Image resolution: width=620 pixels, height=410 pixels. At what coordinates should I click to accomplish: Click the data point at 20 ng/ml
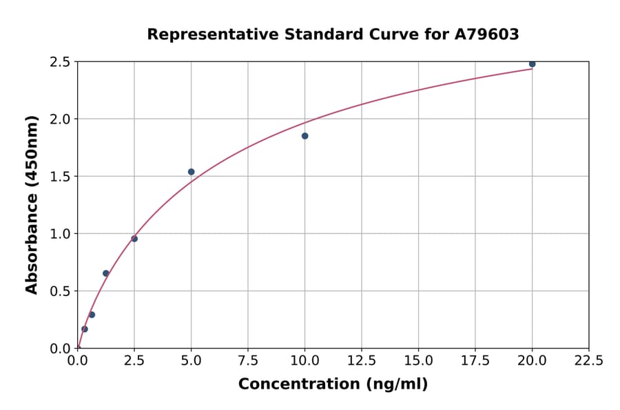532,64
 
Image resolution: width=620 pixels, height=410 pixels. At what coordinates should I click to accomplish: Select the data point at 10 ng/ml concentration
304,136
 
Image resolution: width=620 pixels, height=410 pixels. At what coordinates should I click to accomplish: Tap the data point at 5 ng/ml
191,172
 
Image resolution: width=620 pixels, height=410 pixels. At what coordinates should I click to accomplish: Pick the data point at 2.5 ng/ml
134,239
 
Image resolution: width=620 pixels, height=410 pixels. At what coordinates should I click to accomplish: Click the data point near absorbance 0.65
106,273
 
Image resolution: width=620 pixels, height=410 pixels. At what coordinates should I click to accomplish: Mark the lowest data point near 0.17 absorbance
85,329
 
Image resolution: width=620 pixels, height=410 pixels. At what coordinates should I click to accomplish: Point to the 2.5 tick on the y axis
60,62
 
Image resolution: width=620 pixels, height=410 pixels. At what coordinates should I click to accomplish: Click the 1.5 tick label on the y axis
60,177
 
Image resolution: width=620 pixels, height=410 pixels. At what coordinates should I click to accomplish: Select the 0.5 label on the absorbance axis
60,291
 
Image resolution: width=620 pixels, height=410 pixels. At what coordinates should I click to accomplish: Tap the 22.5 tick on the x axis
589,360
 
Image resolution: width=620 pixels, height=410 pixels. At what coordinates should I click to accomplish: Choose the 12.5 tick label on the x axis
362,360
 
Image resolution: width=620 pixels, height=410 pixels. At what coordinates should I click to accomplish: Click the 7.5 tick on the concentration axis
248,360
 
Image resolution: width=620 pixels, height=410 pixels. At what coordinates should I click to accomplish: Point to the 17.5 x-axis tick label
475,360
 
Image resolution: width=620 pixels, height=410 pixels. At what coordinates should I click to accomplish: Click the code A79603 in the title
487,35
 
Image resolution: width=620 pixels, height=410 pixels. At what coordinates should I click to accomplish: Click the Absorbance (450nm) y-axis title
32,205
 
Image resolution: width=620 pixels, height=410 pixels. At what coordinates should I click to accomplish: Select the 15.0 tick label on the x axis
418,360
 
